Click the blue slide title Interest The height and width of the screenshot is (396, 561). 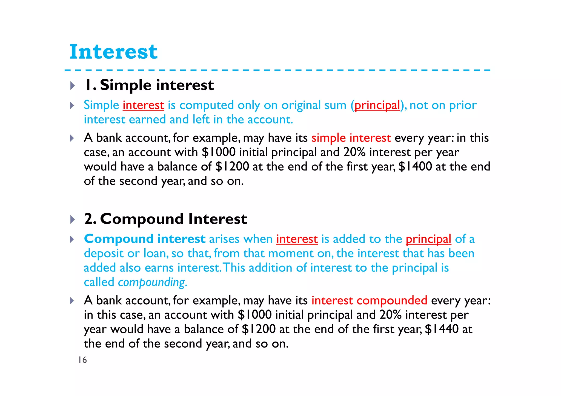click(113, 52)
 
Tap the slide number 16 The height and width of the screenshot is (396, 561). click(82, 360)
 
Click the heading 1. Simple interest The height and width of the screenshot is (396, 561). click(149, 85)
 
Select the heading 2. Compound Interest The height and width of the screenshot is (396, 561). click(165, 219)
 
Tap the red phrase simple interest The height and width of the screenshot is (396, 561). click(351, 138)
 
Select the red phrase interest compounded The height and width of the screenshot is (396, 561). click(369, 300)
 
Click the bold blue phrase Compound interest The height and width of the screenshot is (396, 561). click(145, 239)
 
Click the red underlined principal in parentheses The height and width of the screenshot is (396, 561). click(377, 105)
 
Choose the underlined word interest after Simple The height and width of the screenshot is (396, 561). click(143, 105)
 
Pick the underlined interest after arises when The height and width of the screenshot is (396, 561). click(297, 239)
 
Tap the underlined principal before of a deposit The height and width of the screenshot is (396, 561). click(428, 239)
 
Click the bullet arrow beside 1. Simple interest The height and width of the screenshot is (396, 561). click(72, 86)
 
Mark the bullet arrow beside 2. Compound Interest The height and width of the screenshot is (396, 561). click(72, 219)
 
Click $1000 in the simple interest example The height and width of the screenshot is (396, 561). click(218, 152)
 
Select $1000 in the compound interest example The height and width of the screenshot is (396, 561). click(254, 315)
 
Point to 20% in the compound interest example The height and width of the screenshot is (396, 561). click(390, 315)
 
